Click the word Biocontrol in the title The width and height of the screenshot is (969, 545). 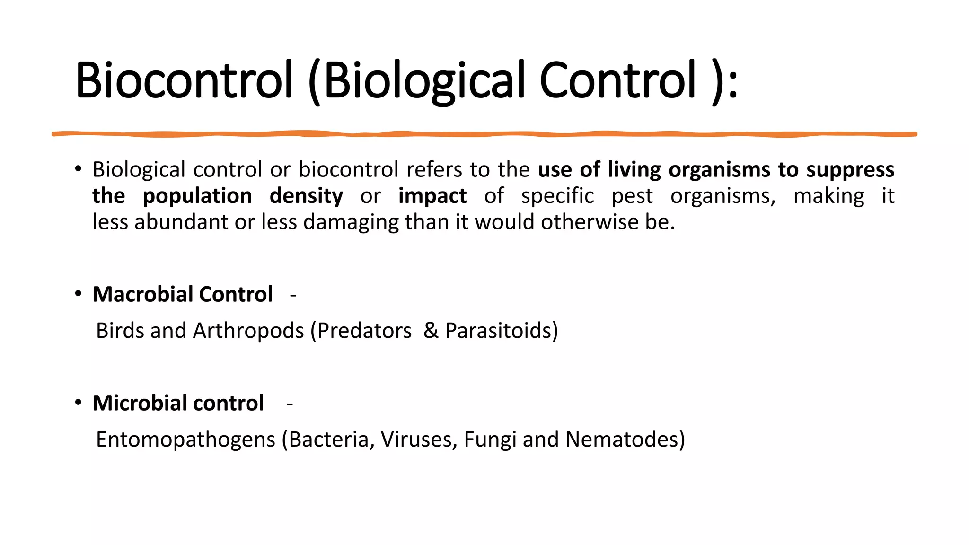coord(184,80)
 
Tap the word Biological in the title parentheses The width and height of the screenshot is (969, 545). coord(424,80)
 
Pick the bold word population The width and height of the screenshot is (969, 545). coord(197,196)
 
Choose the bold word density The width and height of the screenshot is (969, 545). coord(306,196)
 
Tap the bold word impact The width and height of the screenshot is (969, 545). coord(432,196)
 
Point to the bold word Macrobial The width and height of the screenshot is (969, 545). coord(142,294)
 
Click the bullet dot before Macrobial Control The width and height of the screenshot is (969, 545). coord(78,294)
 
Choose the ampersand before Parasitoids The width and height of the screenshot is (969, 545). coord(431,331)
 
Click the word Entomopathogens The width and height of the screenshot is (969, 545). coord(185,440)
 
